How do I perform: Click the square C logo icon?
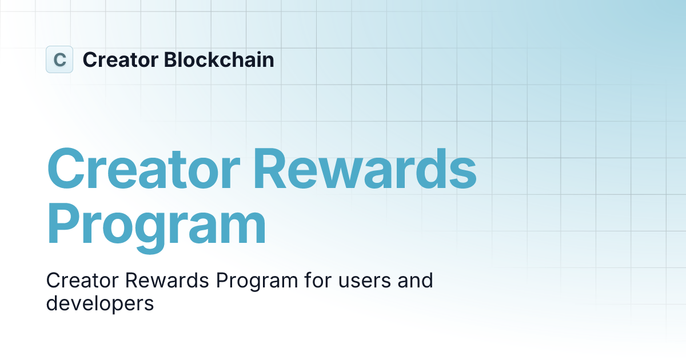click(59, 59)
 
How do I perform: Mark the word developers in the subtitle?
click(100, 304)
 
